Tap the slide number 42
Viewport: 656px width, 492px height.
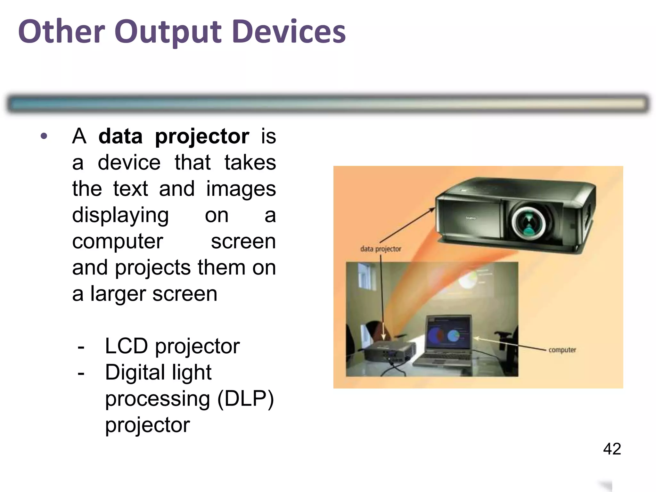click(612, 449)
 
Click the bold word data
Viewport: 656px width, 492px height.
click(120, 136)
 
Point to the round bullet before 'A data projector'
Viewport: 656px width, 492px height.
click(44, 136)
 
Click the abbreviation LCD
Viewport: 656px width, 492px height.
click(126, 346)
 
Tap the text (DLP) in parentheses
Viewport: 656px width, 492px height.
click(245, 399)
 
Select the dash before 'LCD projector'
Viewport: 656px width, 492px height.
click(81, 347)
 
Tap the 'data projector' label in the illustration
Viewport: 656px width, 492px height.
click(381, 249)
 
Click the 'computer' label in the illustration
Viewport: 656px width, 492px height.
click(562, 350)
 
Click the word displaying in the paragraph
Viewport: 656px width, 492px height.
click(120, 215)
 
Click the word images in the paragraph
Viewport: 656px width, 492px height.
click(241, 189)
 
